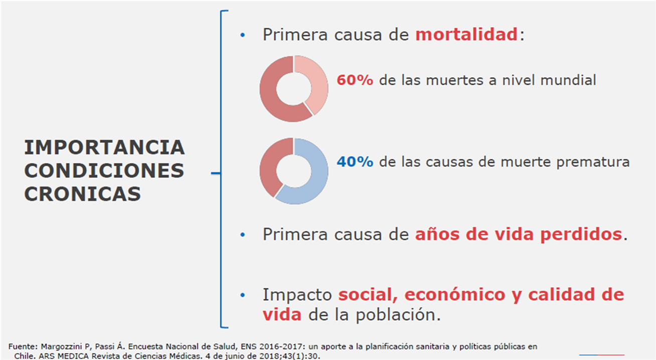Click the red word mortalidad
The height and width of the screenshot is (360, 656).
(466, 35)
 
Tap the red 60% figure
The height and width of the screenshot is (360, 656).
(355, 80)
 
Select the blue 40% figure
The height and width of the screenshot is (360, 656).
(355, 161)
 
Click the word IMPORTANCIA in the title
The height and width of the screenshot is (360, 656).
(104, 147)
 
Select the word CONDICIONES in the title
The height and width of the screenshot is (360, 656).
(104, 170)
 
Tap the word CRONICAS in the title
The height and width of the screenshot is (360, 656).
(83, 194)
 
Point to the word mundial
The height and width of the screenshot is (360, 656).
(568, 80)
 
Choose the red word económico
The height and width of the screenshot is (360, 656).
(455, 294)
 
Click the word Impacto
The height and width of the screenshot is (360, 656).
(297, 295)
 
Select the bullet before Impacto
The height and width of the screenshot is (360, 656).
(242, 295)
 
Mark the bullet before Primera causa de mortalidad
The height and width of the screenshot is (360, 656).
(242, 35)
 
